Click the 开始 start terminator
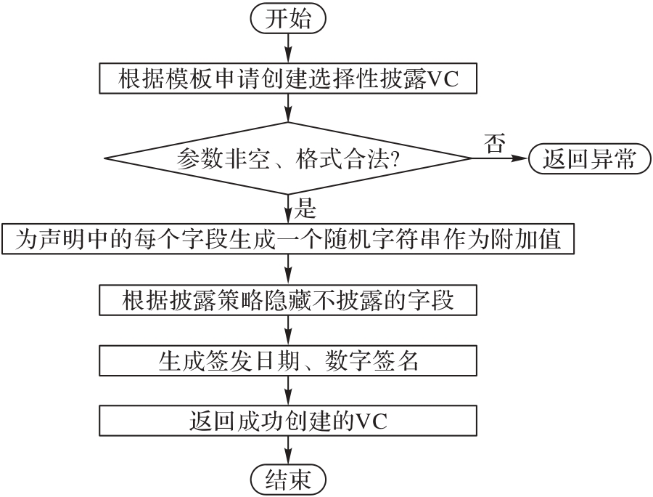click(289, 20)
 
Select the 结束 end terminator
click(289, 479)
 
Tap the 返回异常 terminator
click(588, 158)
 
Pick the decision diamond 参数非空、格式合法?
click(289, 158)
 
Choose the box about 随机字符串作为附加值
click(289, 239)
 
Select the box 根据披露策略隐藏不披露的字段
click(289, 299)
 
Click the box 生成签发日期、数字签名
click(289, 360)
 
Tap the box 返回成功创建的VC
click(289, 421)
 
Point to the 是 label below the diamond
click(306, 210)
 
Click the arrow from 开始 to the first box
click(289, 48)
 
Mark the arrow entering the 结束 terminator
click(289, 450)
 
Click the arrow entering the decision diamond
click(289, 108)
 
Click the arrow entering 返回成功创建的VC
click(289, 390)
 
